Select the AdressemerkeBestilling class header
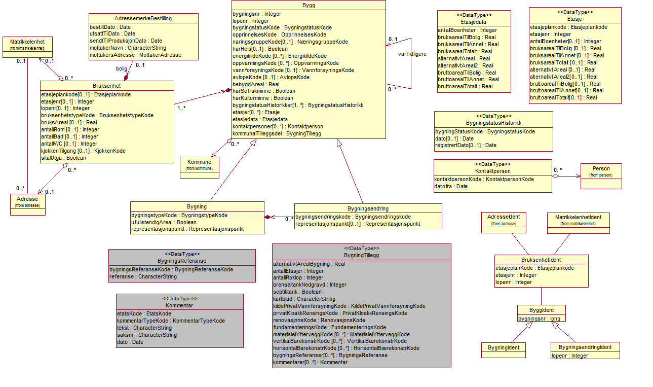click(x=143, y=18)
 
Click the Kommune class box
click(x=199, y=165)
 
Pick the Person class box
click(x=601, y=171)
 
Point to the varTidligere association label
click(x=412, y=53)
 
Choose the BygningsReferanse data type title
click(x=182, y=260)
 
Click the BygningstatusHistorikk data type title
click(x=493, y=123)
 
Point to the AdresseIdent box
click(x=504, y=220)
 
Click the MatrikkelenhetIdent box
click(x=578, y=220)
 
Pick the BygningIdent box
click(x=504, y=347)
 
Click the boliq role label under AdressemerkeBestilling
click(x=122, y=68)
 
